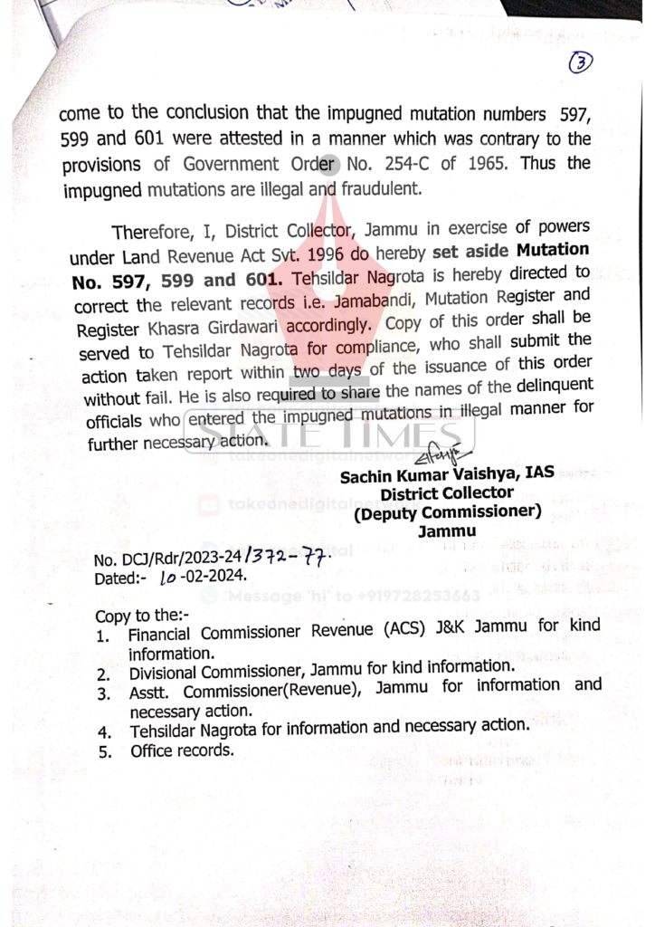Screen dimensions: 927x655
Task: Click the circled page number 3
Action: [582, 62]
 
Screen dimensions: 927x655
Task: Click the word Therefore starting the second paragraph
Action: [152, 231]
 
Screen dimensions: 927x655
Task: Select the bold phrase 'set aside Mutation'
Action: [511, 249]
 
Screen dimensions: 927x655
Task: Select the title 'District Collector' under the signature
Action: [447, 493]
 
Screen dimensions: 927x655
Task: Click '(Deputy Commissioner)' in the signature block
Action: [447, 512]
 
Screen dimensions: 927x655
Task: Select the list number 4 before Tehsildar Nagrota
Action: [105, 730]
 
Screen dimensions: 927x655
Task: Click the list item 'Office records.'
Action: [182, 750]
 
